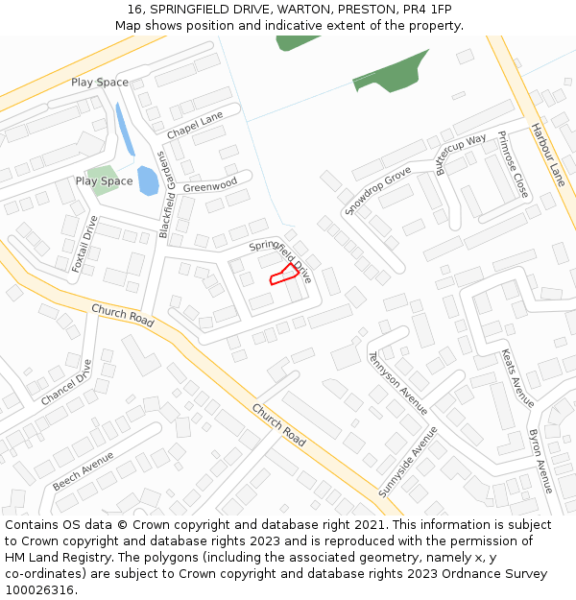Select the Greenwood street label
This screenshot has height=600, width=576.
(x=210, y=185)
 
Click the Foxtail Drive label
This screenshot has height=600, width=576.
(x=85, y=244)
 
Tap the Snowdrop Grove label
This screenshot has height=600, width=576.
(x=377, y=190)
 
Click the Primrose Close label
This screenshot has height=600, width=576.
(x=513, y=165)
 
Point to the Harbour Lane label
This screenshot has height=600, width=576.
(x=548, y=155)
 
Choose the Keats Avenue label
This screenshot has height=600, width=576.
(x=517, y=377)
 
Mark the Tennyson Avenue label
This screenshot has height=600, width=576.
(x=397, y=382)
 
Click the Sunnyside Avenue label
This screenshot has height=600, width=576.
(x=407, y=461)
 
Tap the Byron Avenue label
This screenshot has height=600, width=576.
(x=540, y=462)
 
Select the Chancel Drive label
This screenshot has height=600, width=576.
(x=67, y=381)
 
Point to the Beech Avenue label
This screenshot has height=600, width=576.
(x=84, y=470)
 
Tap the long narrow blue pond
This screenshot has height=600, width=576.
(x=125, y=130)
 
